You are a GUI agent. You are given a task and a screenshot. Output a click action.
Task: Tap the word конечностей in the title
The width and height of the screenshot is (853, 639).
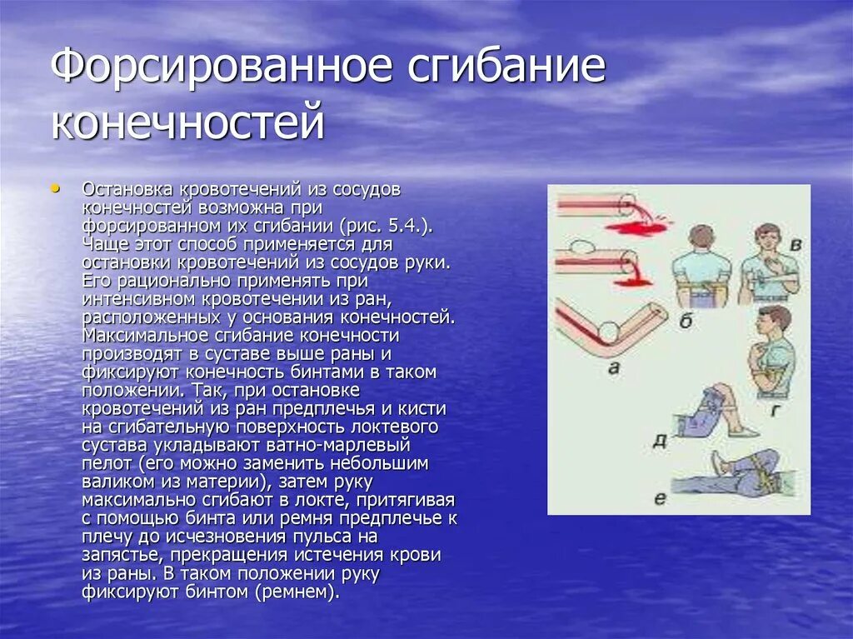click(x=187, y=121)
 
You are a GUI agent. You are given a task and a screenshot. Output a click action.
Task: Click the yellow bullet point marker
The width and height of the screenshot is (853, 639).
click(x=56, y=189)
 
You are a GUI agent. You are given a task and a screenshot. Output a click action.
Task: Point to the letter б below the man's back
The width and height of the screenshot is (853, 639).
click(x=685, y=321)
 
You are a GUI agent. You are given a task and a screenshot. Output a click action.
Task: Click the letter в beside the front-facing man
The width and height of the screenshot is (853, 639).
click(x=796, y=245)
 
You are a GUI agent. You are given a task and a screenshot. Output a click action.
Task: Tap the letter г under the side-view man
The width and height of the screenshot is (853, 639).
click(x=775, y=408)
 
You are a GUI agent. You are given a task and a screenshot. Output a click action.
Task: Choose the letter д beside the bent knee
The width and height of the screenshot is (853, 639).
click(x=659, y=439)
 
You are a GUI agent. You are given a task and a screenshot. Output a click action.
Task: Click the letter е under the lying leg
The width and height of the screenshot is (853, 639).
click(x=660, y=499)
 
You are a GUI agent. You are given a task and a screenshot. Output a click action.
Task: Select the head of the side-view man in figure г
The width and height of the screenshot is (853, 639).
click(x=774, y=319)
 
